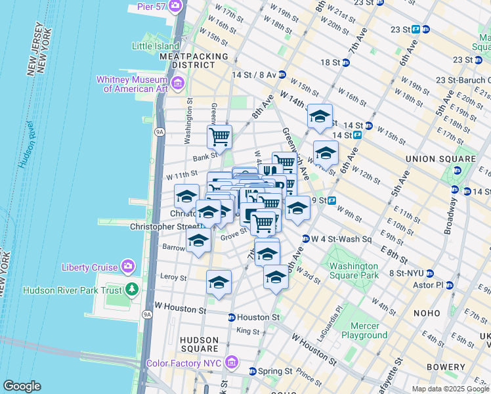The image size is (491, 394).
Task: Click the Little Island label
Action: [155, 47]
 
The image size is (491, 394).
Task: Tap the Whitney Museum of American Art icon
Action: [179, 83]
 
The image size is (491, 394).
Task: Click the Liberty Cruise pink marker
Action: [128, 266]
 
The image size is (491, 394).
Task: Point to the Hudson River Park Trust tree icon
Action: [133, 290]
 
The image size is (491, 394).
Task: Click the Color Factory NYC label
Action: [187, 362]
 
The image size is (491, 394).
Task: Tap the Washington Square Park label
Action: [354, 271]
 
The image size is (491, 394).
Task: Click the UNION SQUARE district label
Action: [440, 159]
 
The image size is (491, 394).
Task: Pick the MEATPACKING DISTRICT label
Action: [187, 60]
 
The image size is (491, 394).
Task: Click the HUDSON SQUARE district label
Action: [199, 343]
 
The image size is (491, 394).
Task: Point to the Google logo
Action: [22, 386]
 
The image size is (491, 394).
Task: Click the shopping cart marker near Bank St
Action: [219, 137]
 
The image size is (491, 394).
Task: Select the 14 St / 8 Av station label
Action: [253, 74]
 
